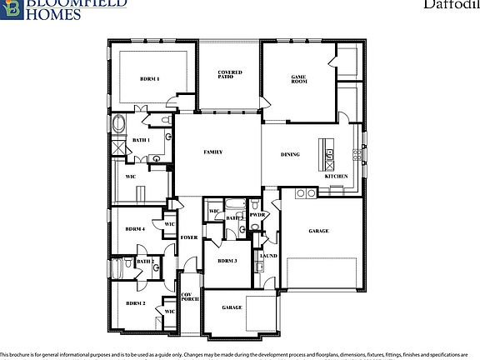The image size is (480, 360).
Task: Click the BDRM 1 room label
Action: (149, 79)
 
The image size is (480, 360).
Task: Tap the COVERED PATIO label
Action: (230, 75)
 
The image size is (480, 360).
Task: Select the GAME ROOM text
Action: (299, 79)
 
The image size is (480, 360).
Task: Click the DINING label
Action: (290, 154)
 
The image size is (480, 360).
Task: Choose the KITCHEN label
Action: (336, 177)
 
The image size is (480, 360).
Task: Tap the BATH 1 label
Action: (140, 140)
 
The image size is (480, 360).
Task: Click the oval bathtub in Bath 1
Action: (118, 126)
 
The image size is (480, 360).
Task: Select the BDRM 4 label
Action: (135, 229)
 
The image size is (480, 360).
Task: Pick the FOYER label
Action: (189, 237)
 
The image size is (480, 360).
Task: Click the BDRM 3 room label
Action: (227, 261)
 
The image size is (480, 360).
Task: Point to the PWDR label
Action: (257, 215)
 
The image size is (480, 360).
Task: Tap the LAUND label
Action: (268, 256)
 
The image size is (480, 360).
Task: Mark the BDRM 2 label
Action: (136, 303)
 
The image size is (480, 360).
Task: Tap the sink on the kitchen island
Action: (330, 153)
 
